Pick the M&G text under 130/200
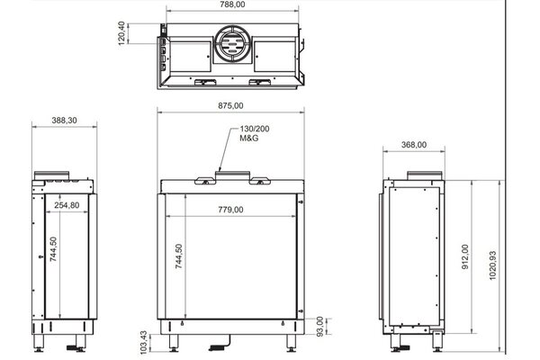tap(249, 141)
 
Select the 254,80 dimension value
tap(67, 205)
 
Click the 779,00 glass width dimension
tap(231, 211)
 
